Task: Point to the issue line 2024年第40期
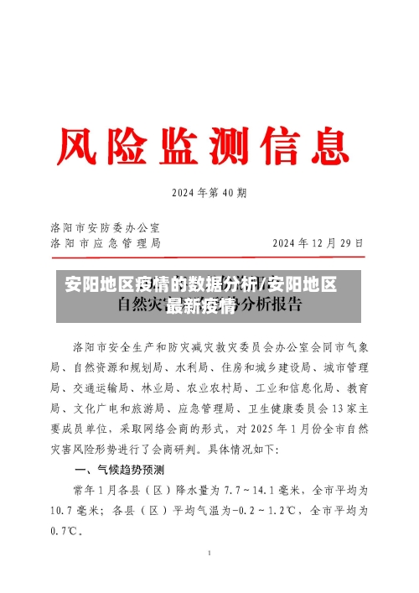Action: point(209,193)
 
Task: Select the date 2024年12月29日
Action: point(318,243)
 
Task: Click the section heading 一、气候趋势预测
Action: point(120,469)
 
